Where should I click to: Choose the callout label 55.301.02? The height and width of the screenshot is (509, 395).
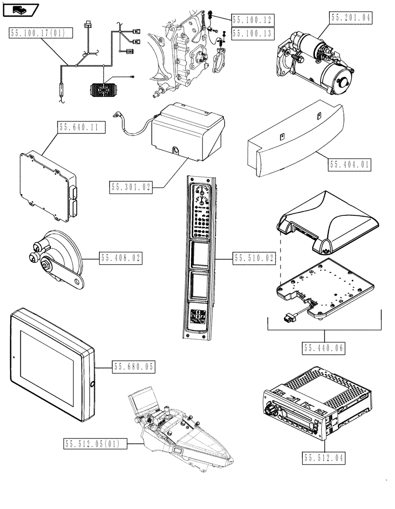(131, 188)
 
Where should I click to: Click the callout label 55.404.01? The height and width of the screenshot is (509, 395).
(350, 165)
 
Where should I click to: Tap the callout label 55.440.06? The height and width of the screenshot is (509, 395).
(324, 348)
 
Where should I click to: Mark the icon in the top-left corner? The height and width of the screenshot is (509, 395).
(20, 9)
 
